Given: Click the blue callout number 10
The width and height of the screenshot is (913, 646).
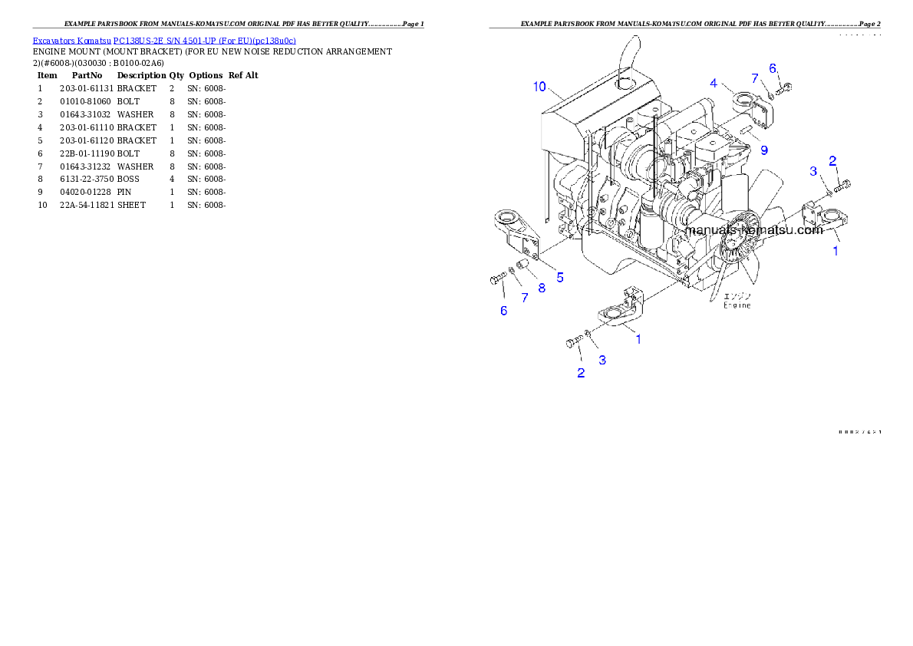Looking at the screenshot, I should pyautogui.click(x=540, y=87).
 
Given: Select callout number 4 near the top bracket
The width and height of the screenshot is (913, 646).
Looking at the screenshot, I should pyautogui.click(x=714, y=83).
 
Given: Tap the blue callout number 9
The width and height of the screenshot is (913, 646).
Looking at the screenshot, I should pyautogui.click(x=763, y=150).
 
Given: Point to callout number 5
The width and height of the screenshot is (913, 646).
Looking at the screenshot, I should pyautogui.click(x=560, y=278).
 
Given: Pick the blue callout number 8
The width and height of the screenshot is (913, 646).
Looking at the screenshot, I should pyautogui.click(x=542, y=288).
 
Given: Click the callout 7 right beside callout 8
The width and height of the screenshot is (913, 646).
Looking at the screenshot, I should pyautogui.click(x=525, y=298).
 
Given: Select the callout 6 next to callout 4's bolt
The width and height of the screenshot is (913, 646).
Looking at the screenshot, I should pyautogui.click(x=773, y=68).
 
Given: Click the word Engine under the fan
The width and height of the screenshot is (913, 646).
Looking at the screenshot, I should pyautogui.click(x=737, y=305).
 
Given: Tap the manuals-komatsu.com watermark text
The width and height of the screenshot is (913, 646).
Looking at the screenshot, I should pyautogui.click(x=753, y=229).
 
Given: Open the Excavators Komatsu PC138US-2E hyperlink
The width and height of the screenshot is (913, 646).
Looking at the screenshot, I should pyautogui.click(x=164, y=41).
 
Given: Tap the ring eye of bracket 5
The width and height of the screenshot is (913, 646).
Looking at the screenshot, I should pyautogui.click(x=509, y=217).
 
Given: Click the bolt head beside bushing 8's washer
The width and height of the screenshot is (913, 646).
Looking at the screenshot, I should pyautogui.click(x=495, y=281).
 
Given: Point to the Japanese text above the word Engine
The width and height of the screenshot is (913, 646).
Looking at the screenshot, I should pyautogui.click(x=740, y=296).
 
